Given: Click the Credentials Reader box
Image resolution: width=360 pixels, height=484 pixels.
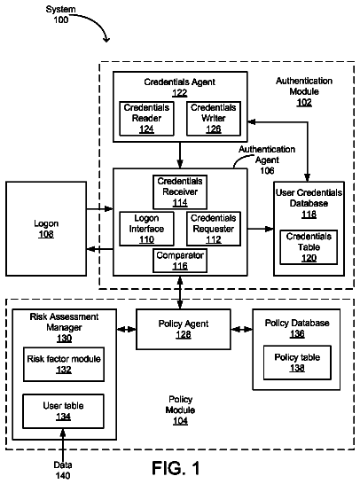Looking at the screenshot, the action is coord(146,119).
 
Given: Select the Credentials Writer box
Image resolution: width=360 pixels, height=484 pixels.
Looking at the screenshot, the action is coord(214,119).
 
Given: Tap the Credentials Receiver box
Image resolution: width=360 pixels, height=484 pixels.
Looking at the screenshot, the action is coord(180,192).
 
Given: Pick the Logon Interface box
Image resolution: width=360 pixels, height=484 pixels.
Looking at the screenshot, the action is coord(146,229).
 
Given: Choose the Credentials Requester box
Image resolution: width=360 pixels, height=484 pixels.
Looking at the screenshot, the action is coord(214,229).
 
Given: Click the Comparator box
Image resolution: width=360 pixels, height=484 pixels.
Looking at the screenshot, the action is coord(180,262).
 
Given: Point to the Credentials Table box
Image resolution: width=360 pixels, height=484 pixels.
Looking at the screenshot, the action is coord(309,247).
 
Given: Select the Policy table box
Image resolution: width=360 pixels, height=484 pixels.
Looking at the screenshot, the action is coord(297,363).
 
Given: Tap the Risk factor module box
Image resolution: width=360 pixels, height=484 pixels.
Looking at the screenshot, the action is coord(64,364).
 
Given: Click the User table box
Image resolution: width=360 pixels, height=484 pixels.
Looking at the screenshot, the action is coord(63,411).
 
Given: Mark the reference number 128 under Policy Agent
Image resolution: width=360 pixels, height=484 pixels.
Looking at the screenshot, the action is coord(184,334).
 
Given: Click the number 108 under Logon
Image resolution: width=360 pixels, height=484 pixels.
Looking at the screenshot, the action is coord(46,234).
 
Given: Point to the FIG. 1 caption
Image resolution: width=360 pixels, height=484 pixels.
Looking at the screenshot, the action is coord(176,468).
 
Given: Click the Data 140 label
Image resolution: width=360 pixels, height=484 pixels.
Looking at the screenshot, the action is coord(63,470).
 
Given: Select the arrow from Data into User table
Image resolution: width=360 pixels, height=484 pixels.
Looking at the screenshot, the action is coord(63,445).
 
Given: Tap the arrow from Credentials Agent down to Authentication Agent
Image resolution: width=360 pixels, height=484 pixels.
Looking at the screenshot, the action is coord(180,155).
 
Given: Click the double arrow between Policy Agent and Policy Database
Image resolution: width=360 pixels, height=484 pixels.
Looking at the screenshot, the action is coord(242,330).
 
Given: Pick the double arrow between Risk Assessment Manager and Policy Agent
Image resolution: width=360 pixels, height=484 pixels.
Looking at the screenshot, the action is coord(127,330).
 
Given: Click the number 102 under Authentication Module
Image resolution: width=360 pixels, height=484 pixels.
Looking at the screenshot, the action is coord(304,103).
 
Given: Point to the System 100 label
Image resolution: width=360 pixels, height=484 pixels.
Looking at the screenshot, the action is coord(61,15).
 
